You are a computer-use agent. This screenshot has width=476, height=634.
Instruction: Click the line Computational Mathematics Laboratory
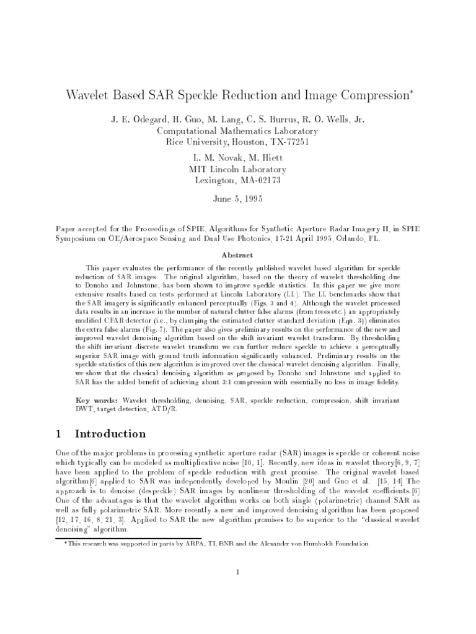[237, 131]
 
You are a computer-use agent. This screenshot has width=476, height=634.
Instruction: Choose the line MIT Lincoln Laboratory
[237, 169]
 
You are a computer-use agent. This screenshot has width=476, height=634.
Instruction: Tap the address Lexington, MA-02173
[237, 180]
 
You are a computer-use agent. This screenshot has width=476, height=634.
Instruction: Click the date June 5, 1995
[237, 200]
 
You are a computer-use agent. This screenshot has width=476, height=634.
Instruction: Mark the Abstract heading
[237, 254]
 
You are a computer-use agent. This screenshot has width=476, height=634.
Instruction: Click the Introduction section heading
[110, 433]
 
